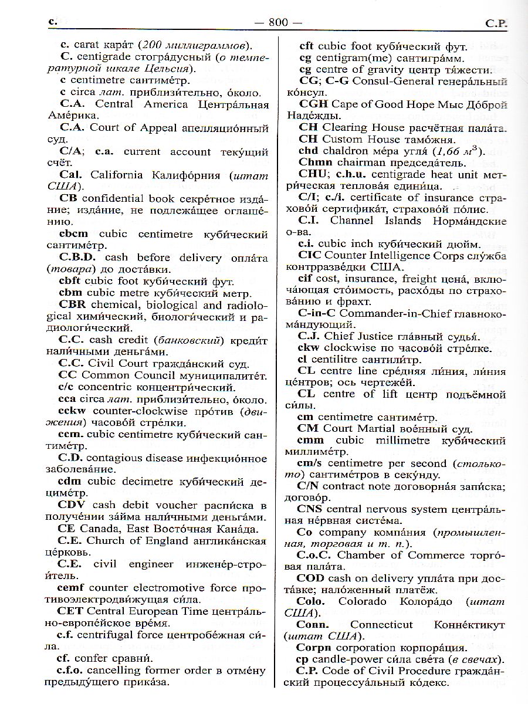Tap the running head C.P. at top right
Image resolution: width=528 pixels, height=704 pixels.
click(496, 23)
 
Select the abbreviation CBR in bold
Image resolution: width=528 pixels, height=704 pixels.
click(73, 305)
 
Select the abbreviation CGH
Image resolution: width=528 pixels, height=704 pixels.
click(313, 104)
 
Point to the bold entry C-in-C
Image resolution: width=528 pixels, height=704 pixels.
click(317, 313)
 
